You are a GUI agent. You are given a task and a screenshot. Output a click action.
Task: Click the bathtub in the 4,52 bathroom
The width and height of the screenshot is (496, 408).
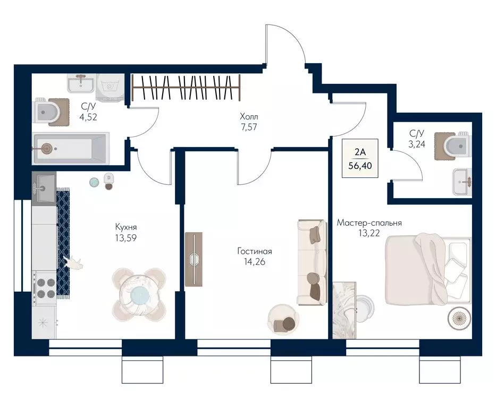pyautogui.click(x=71, y=148)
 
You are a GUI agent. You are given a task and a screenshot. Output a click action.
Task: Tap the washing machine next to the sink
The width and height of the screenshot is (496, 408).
pyautogui.click(x=110, y=87)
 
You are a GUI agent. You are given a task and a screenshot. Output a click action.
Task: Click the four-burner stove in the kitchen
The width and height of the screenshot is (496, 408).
pyautogui.click(x=45, y=289)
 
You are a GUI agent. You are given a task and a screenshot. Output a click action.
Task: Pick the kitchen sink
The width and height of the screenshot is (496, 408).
pyautogui.click(x=44, y=189)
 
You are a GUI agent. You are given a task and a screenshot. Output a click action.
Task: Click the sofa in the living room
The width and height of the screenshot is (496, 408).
pyautogui.click(x=312, y=262)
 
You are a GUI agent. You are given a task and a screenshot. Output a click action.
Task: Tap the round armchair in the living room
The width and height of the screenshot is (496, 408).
pyautogui.click(x=283, y=319)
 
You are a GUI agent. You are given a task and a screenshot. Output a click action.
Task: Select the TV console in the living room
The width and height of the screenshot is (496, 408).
pyautogui.click(x=194, y=259)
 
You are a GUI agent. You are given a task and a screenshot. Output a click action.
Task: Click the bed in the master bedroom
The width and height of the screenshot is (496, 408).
pyautogui.click(x=427, y=269)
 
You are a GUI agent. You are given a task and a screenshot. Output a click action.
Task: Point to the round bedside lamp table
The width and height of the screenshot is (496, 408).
pyautogui.click(x=459, y=318)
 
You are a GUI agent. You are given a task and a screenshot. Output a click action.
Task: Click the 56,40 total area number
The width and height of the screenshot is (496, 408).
pyautogui.click(x=360, y=166)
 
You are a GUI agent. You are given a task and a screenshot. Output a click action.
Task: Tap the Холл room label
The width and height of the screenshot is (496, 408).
pyautogui.click(x=249, y=117)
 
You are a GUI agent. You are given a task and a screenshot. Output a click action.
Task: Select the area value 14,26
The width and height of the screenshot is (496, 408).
pyautogui.click(x=254, y=262)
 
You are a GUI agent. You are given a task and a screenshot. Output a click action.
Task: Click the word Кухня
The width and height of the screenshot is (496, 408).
pyautogui.click(x=126, y=227)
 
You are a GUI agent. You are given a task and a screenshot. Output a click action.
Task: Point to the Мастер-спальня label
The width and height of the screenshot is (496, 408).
pyautogui.click(x=369, y=223)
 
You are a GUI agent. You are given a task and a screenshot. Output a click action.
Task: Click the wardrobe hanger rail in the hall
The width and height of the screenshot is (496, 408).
pyautogui.click(x=186, y=88)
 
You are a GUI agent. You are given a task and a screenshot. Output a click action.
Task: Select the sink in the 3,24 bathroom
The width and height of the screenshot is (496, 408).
pyautogui.click(x=462, y=182)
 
